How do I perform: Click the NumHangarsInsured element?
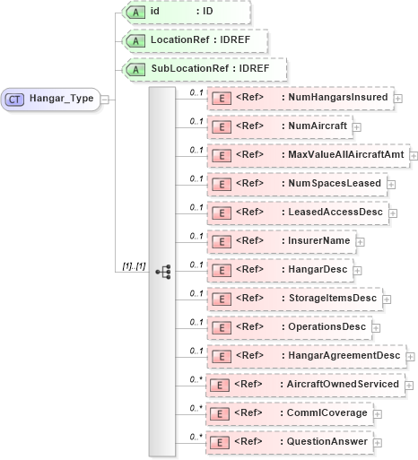point(300,97)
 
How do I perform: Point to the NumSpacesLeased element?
point(296,183)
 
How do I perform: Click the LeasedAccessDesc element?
point(297,212)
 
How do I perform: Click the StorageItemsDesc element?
point(293,298)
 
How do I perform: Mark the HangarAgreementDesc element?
point(304,356)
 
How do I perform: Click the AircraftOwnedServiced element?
point(304,385)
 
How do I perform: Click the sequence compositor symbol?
point(162,270)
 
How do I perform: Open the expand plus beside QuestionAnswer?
point(377,443)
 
